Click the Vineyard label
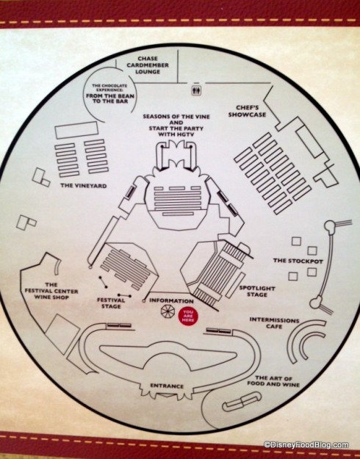pos(79,186)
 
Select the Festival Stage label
pos(111,303)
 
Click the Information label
pos(171,300)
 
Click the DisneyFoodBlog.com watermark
pos(309,444)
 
